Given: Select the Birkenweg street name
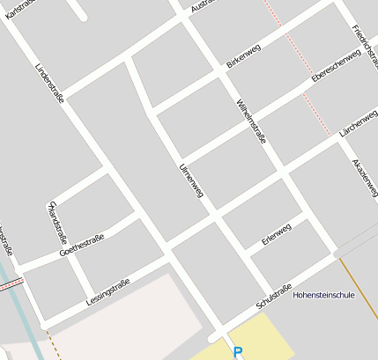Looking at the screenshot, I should pos(243,57).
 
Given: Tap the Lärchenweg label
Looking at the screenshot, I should pos(358,124).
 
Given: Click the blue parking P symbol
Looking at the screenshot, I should pos(237,353).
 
